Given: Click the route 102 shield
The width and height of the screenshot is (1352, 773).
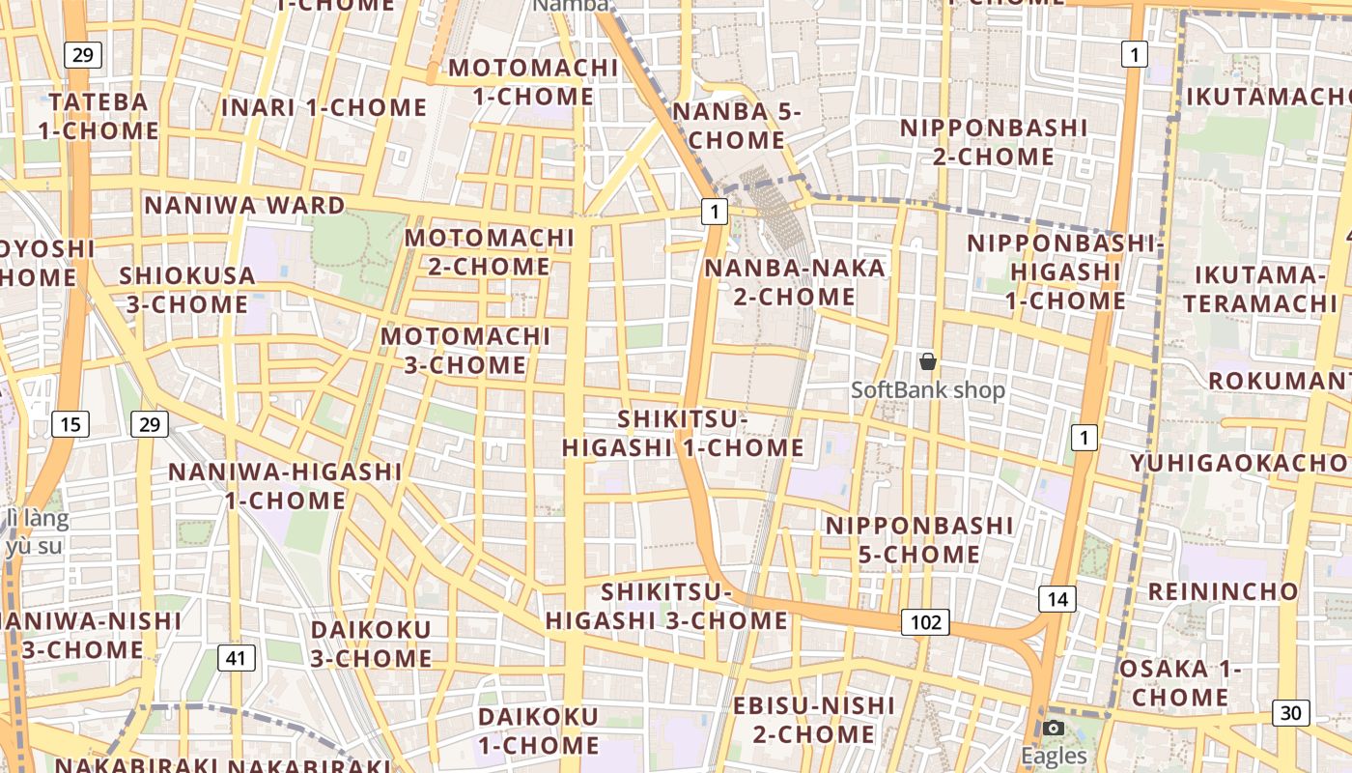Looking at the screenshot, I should point(925,622).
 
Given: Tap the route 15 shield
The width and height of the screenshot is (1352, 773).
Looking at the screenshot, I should point(70,423).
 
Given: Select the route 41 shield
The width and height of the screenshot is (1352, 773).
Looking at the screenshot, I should point(237,659).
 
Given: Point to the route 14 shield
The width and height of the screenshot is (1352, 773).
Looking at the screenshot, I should point(1057,599).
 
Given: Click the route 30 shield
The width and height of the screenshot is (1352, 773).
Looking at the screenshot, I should point(1291,713).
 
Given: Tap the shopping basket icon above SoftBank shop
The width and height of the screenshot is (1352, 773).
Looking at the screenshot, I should point(928,361).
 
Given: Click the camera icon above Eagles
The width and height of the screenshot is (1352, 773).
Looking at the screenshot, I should point(1054,728).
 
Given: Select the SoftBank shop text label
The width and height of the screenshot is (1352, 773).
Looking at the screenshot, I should point(928,390).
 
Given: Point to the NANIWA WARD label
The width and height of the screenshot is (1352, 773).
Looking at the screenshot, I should point(244,206).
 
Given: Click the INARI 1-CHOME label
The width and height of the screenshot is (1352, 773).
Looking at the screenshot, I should point(324,107).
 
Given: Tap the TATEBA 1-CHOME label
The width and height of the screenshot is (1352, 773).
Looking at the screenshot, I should point(99,116).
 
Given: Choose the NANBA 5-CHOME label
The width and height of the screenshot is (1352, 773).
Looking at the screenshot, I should point(737,126).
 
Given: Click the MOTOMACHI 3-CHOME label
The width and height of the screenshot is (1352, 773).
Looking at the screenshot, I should point(465,351).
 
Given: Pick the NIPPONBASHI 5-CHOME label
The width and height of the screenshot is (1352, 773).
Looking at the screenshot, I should point(919,539).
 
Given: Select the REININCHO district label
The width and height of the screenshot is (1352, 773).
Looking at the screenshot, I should point(1223,591).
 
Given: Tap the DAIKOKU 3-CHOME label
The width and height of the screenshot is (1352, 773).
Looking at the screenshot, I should point(371,644).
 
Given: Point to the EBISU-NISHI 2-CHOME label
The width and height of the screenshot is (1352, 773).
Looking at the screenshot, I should point(814,720).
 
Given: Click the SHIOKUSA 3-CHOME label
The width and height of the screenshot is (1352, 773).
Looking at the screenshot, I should point(187,290).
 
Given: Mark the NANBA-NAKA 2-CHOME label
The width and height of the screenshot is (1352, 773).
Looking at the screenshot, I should point(795,281).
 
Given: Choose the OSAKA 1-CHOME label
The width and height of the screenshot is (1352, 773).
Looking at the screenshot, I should point(1179,682).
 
